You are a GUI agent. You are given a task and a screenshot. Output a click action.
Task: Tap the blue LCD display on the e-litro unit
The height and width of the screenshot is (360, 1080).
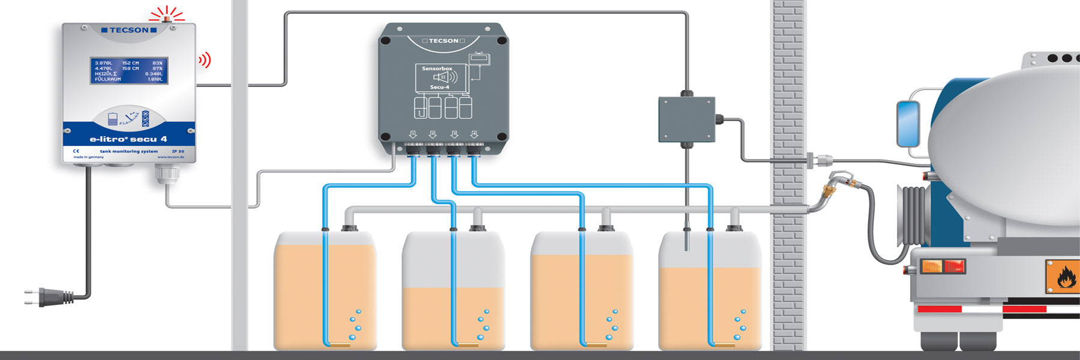[129, 71]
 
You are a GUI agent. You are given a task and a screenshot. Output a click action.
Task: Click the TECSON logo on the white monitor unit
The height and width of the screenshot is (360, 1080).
[129, 30]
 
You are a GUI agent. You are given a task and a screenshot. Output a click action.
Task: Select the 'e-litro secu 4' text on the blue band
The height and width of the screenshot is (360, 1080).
[128, 139]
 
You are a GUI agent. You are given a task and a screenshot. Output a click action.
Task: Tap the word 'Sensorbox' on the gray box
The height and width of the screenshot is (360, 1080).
[437, 69]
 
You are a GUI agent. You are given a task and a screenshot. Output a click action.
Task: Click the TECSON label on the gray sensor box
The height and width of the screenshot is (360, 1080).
[443, 41]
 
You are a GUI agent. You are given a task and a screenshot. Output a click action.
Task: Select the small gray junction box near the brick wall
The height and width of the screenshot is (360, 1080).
[686, 119]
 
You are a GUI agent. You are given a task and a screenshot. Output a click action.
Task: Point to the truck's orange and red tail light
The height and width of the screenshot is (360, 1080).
[943, 266]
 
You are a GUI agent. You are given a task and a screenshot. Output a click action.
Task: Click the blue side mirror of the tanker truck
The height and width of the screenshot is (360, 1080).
[907, 124]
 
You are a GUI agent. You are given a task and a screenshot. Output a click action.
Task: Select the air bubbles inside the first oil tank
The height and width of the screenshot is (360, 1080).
[355, 325]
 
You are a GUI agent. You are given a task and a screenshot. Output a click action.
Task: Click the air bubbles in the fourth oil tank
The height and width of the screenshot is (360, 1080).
[740, 325]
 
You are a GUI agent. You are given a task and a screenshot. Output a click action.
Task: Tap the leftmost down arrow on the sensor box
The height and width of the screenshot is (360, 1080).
[413, 134]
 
